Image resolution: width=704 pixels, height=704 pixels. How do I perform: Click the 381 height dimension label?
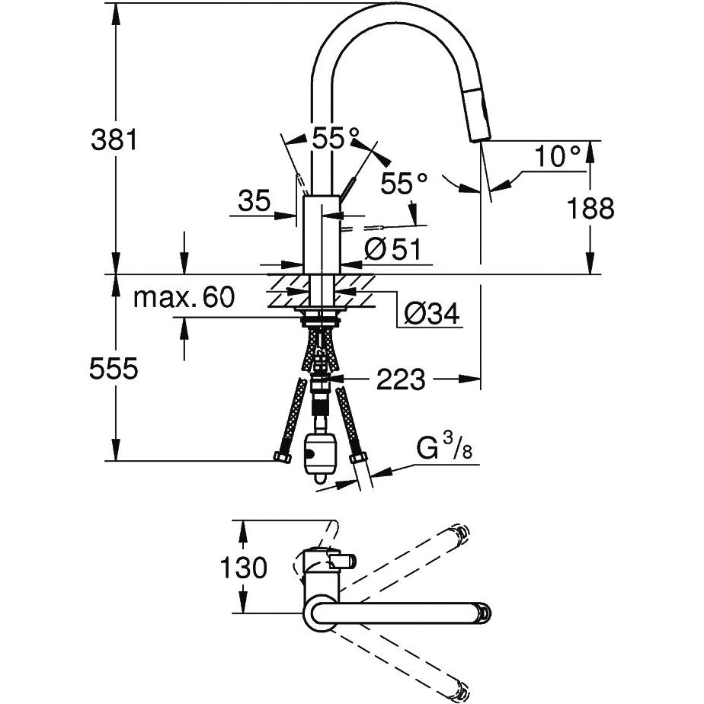tap(114, 140)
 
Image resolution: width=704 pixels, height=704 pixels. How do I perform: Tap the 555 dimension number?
tap(114, 370)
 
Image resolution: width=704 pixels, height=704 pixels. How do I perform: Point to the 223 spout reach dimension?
tap(402, 379)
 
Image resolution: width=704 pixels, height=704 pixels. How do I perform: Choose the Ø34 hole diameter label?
tap(432, 313)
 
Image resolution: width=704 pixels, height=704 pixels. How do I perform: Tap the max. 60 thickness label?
tap(184, 297)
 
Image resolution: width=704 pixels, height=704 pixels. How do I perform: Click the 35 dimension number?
tap(254, 201)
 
